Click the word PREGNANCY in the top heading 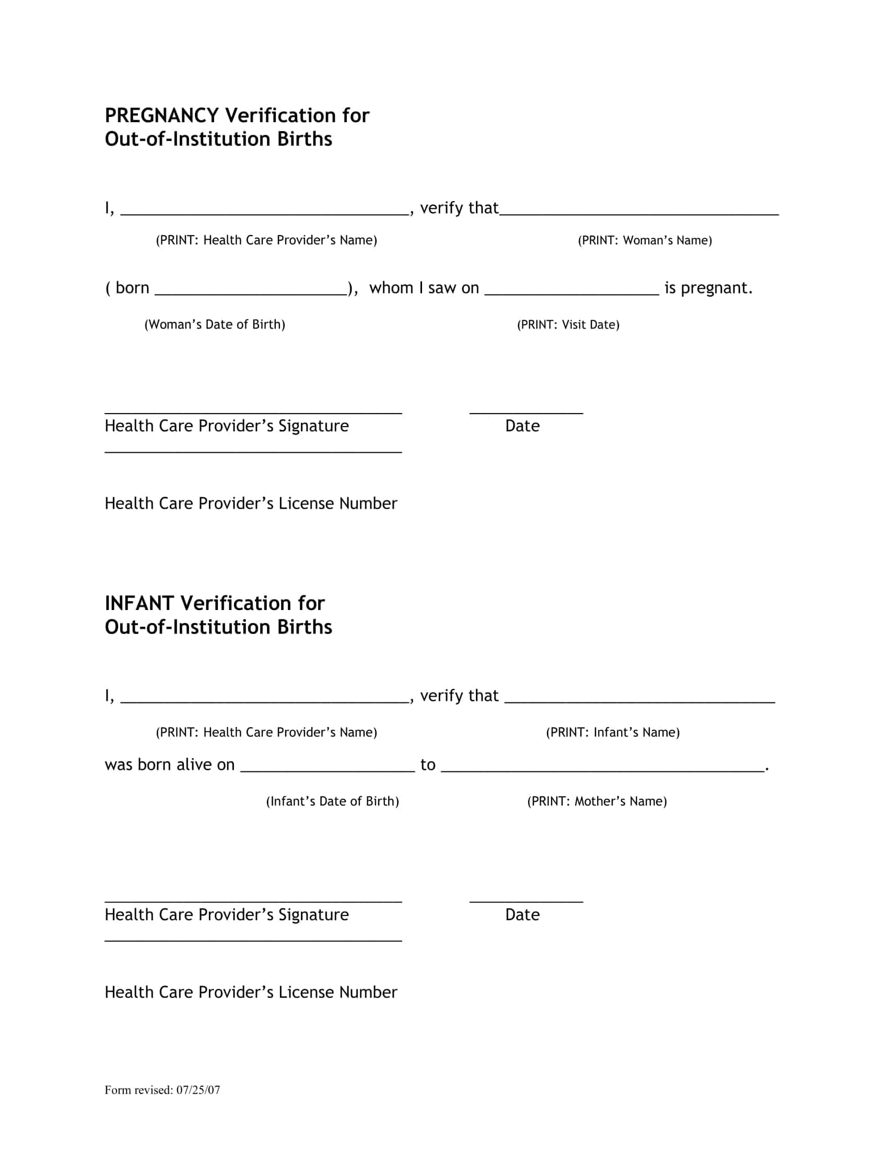(161, 115)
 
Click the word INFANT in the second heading (139, 603)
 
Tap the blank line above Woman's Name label (639, 212)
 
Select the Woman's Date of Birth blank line (251, 292)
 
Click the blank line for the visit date (571, 292)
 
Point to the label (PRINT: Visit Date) (568, 325)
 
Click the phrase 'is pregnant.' (708, 288)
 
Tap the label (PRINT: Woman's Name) (645, 240)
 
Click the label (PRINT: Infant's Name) (613, 732)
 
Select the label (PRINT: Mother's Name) (597, 801)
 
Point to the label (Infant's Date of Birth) (332, 801)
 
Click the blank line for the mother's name (602, 769)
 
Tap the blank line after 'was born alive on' (328, 769)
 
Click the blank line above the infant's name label (640, 700)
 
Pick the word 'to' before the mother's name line (428, 765)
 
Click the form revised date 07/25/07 (198, 1086)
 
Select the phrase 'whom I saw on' (424, 288)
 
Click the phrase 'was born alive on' (169, 765)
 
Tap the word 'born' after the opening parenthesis (132, 288)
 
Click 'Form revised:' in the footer (139, 1086)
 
